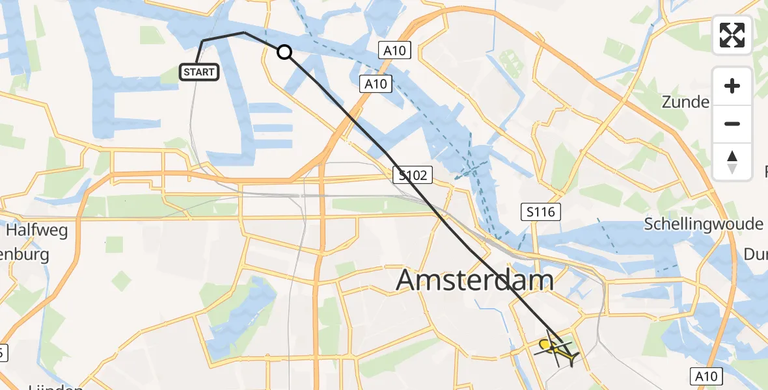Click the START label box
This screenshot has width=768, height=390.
click(199, 72)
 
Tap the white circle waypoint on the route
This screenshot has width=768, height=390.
click(284, 52)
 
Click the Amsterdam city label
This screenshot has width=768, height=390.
click(474, 280)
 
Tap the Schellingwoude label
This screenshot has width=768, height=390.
click(703, 224)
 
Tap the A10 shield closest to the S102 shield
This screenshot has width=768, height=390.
click(376, 83)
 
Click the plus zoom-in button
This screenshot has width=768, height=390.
click(732, 86)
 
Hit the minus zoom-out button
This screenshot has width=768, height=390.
click(732, 123)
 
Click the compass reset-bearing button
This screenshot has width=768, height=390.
click(732, 161)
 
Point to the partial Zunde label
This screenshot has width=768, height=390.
click(685, 102)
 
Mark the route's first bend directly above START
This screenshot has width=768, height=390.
click(203, 41)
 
